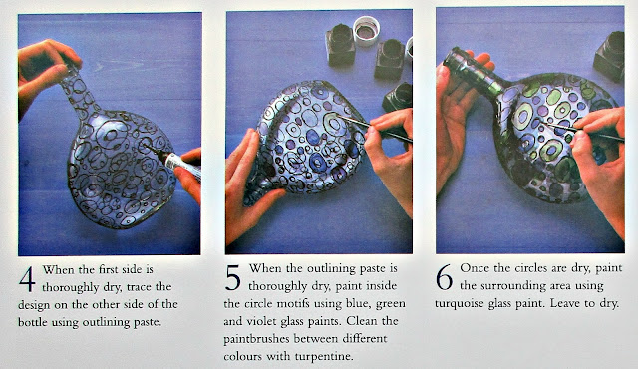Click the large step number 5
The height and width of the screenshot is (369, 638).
pyautogui.click(x=232, y=278)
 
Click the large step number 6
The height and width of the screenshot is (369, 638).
pyautogui.click(x=444, y=277)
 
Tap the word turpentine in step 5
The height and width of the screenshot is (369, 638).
pyautogui.click(x=323, y=357)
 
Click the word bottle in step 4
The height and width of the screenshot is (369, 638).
pyautogui.click(x=33, y=322)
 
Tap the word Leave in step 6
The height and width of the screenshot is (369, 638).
pyautogui.click(x=565, y=303)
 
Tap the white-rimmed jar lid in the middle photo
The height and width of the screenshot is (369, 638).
pyautogui.click(x=366, y=30)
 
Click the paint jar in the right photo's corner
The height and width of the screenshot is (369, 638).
pyautogui.click(x=609, y=56)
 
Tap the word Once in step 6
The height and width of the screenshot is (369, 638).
pyautogui.click(x=475, y=268)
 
